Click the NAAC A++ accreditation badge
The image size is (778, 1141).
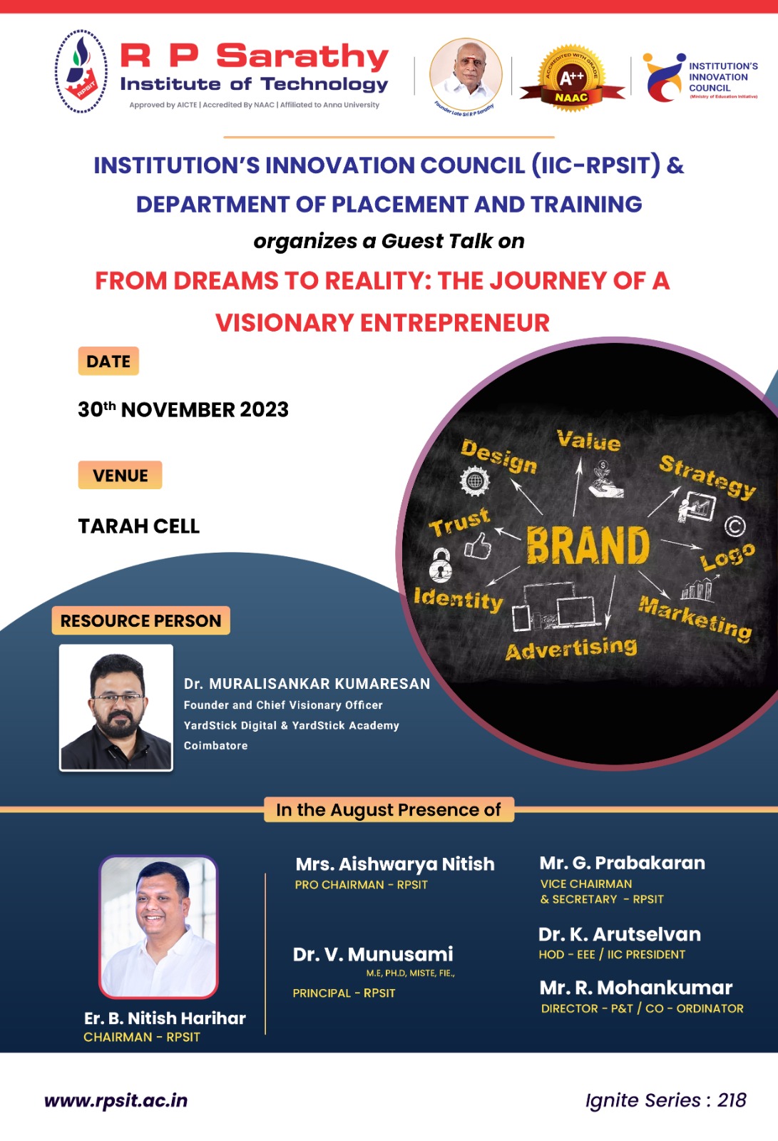click(x=572, y=78)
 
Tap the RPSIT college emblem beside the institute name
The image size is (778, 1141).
click(x=81, y=71)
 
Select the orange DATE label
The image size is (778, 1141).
click(x=108, y=361)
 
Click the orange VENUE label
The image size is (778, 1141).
click(x=121, y=475)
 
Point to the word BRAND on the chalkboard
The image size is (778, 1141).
click(x=588, y=546)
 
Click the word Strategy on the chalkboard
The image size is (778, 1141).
click(x=707, y=477)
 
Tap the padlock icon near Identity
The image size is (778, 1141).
click(x=441, y=564)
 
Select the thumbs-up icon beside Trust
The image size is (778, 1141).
click(x=477, y=546)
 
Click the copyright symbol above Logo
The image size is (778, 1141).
click(x=735, y=527)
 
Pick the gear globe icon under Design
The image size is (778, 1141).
click(x=474, y=481)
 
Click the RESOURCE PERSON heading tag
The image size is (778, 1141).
click(x=140, y=620)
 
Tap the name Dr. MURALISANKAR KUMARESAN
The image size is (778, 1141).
click(x=307, y=684)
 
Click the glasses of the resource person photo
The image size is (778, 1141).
click(x=118, y=698)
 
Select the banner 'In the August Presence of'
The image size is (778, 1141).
click(x=389, y=810)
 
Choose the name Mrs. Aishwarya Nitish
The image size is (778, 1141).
click(x=395, y=864)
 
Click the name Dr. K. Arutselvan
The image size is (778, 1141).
click(x=620, y=934)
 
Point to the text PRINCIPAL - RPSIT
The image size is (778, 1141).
click(x=344, y=993)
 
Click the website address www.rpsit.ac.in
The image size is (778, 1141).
click(x=116, y=1101)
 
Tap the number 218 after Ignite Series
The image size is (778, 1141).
click(x=732, y=1100)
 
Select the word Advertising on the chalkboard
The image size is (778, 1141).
click(x=571, y=648)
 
